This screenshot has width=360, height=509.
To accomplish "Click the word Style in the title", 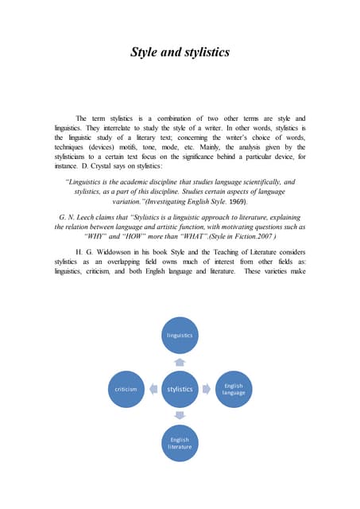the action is (x=146, y=53).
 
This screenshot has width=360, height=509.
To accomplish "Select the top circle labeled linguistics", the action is (x=180, y=336).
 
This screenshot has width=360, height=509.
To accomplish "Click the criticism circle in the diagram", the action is (x=126, y=389).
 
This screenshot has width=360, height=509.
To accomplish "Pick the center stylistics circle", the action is (x=180, y=389).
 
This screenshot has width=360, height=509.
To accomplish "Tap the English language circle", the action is (x=233, y=389).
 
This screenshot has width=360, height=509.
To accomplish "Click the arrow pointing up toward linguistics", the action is (x=180, y=363).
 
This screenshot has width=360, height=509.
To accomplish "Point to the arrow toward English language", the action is (x=207, y=389).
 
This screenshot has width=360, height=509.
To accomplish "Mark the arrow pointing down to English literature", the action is (x=180, y=415).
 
